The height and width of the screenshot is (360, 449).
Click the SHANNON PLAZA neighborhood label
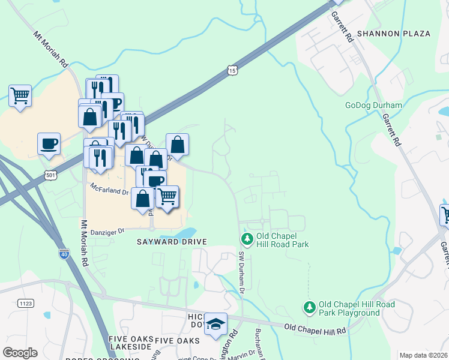[x=394, y=34]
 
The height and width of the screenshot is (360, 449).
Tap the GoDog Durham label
[x=373, y=105]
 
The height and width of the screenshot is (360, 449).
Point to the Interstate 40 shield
[x=64, y=254]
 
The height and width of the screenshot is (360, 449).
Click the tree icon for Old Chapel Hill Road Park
[x=247, y=239]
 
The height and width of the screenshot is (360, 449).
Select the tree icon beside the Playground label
[x=309, y=307]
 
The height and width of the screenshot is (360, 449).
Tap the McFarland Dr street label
[x=109, y=191]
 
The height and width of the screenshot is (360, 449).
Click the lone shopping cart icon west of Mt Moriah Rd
[x=20, y=95]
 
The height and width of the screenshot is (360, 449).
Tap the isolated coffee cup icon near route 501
[x=49, y=143]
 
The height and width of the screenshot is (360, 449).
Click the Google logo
[x=20, y=353]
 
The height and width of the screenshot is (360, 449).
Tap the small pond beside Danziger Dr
[x=187, y=232]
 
